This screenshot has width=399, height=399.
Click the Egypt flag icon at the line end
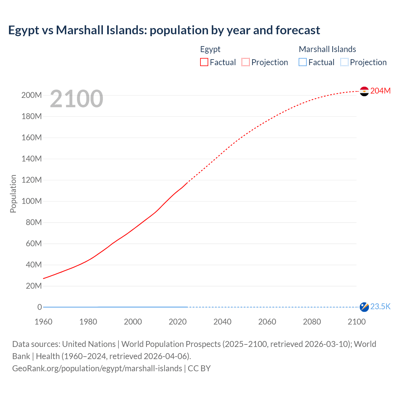coord(364,91)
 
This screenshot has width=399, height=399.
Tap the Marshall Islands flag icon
coord(364,307)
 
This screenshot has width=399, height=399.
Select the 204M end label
coord(380,91)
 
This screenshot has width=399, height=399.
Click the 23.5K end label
coord(380,307)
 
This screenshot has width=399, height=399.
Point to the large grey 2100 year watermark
coord(76,99)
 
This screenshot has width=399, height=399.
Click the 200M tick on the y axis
coord(31,95)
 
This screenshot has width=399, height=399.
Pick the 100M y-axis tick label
coord(31,201)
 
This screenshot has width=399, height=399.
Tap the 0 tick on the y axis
coord(40,307)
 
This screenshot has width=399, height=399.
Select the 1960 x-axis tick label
coord(43,322)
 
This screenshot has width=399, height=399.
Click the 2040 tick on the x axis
coord(222,322)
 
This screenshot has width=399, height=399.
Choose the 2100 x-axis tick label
coord(356,322)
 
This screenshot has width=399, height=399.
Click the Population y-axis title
coord(13,194)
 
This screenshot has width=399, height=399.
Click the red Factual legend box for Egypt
coord(204,62)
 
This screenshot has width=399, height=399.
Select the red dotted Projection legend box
coord(246,62)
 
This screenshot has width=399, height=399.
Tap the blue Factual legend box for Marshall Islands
coord(303,62)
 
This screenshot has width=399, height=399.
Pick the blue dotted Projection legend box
coord(344,62)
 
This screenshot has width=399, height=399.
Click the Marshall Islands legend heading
coord(327,49)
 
